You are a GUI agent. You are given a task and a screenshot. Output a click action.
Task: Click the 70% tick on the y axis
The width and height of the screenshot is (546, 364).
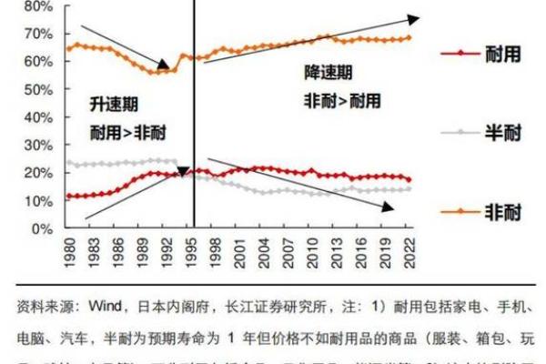tap(37, 34)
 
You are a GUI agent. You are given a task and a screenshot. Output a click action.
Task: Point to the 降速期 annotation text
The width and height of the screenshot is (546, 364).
tap(325, 72)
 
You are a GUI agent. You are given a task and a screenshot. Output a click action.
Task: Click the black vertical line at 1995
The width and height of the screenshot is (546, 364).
tap(194, 136)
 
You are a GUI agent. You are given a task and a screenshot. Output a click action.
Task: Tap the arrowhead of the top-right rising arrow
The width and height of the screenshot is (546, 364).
tap(414, 18)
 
